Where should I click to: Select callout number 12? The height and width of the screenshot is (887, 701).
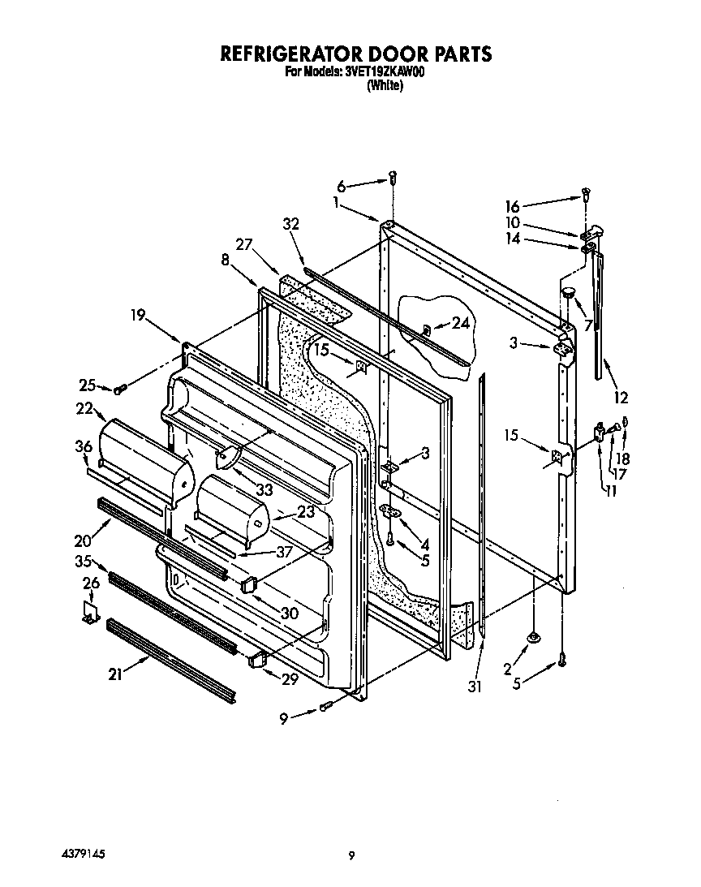pos(621,398)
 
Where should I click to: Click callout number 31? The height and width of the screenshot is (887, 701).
pos(475,687)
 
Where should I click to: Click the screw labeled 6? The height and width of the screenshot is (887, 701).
pos(393,176)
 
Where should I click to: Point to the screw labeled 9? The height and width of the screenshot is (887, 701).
pos(326,708)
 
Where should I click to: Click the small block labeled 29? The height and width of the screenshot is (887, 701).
pos(259,661)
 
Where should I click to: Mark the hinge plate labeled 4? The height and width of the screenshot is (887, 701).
pos(395,510)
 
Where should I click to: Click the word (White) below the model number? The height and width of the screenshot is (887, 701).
pos(385,85)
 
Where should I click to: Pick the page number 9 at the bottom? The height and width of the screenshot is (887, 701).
pos(350,855)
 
